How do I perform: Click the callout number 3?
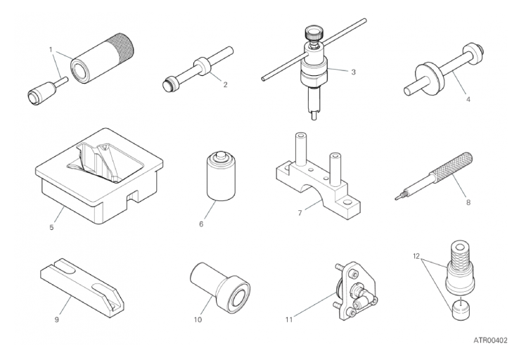pos(353,72)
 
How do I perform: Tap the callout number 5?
pos(51,227)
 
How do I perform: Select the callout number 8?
pos(468,202)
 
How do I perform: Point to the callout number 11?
pos(288,319)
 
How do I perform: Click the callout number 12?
pos(416,256)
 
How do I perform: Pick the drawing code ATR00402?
pos(490,340)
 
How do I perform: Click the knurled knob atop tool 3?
pos(314,33)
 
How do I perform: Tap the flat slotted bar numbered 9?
pos(82,288)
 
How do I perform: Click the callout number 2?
pos(225,84)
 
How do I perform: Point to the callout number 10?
pos(198,319)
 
